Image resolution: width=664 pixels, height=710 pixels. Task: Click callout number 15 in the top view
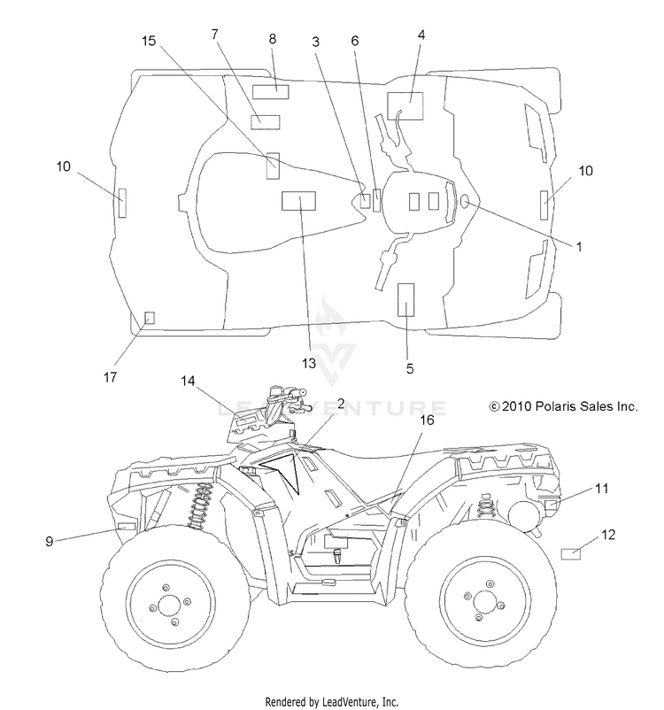(x=149, y=41)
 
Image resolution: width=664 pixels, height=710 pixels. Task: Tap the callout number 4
(x=421, y=35)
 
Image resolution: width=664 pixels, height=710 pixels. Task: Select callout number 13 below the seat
(x=309, y=363)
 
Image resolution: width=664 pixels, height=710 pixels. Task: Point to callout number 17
(x=110, y=377)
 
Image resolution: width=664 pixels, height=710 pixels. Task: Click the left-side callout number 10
(x=64, y=166)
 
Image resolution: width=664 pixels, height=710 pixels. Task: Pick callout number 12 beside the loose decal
(x=608, y=535)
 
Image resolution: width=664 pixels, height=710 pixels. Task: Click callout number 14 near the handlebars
(x=188, y=382)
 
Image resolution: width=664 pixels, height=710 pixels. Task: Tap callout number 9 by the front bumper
(x=50, y=541)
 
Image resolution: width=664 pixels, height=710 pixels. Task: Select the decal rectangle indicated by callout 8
(x=270, y=91)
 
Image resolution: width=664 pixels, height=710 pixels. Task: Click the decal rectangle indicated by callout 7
(x=266, y=122)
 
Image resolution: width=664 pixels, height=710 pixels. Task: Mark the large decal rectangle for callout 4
(x=405, y=106)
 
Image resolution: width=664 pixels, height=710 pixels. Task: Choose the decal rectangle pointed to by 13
(x=299, y=201)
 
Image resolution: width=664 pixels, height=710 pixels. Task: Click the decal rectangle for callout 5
(x=405, y=300)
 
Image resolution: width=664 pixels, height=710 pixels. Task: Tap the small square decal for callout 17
(x=149, y=318)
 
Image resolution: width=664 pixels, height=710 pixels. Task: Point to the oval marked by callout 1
(x=464, y=202)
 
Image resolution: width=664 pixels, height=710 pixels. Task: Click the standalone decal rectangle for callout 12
(x=571, y=554)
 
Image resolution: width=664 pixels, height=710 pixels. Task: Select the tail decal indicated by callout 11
(x=552, y=505)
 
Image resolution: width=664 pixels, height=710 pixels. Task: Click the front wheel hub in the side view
(x=169, y=605)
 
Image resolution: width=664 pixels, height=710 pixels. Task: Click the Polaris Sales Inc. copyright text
(x=563, y=406)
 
